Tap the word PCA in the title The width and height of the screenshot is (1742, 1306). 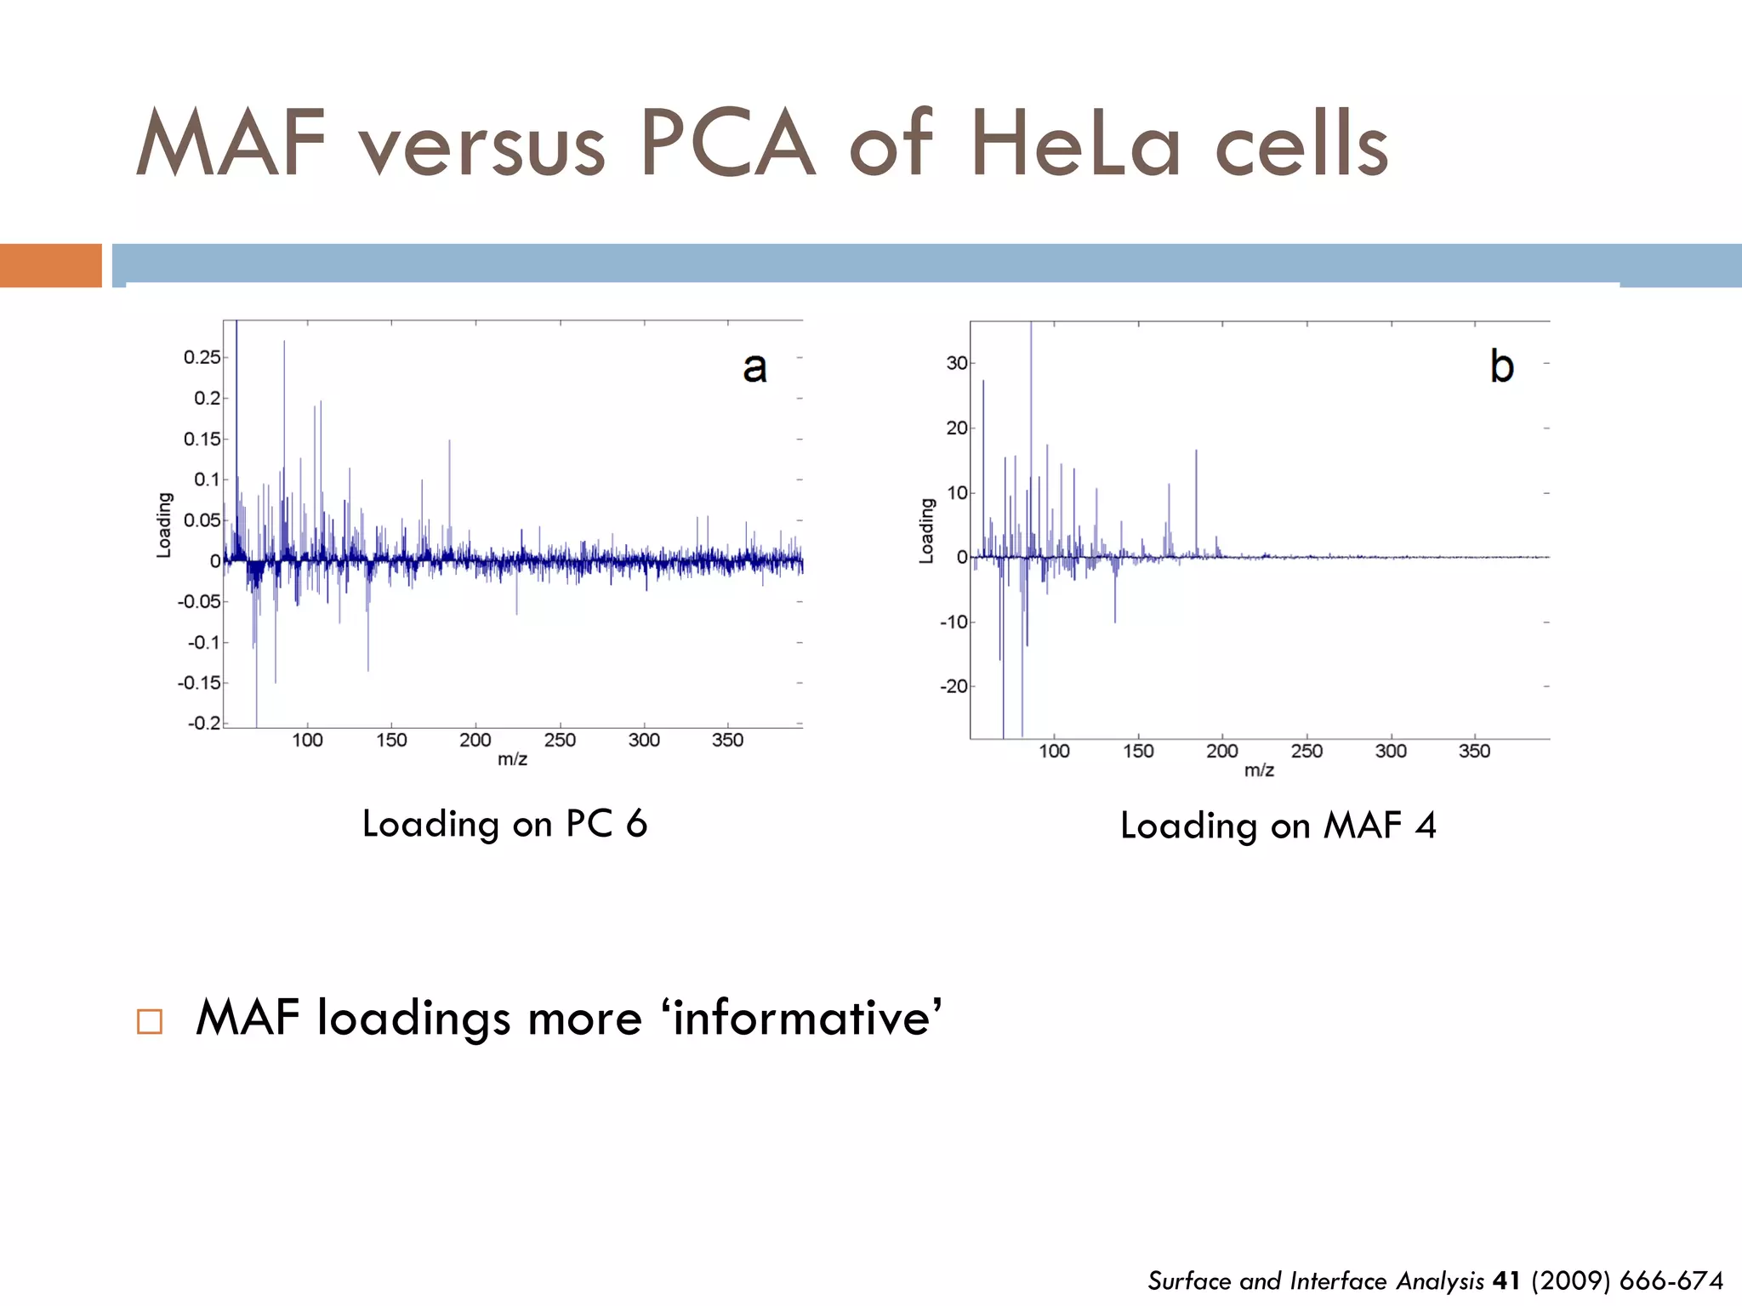(727, 145)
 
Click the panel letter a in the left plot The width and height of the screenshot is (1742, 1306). (754, 367)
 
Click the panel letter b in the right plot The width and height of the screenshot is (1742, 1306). (1502, 366)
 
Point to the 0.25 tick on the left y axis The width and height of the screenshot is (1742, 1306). (202, 357)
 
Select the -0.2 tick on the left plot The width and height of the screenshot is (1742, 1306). (204, 723)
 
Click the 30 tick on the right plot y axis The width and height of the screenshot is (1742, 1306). (957, 363)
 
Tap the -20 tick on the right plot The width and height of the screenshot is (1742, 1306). (954, 686)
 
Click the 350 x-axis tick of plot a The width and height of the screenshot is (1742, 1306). (727, 741)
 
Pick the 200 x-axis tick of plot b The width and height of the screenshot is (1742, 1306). (1222, 752)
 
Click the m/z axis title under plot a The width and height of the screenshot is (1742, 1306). (512, 759)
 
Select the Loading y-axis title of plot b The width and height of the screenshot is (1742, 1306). (927, 531)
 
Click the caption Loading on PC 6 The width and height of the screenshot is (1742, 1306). (504, 824)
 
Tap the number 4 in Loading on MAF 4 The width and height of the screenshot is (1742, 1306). (1426, 826)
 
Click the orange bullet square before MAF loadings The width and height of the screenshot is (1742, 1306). (150, 1020)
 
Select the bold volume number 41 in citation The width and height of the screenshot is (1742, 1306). (1506, 1280)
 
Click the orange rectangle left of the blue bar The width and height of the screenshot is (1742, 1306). (51, 265)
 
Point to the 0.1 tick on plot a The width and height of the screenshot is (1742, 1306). (207, 480)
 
